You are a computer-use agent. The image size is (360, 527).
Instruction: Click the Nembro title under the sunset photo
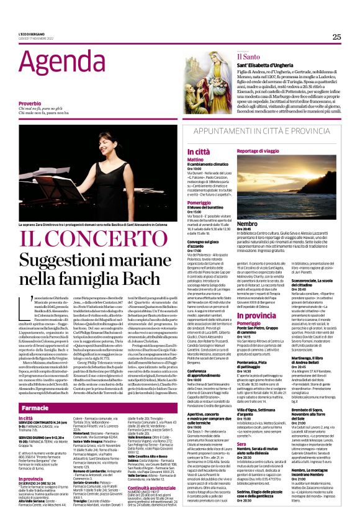(247, 223)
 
